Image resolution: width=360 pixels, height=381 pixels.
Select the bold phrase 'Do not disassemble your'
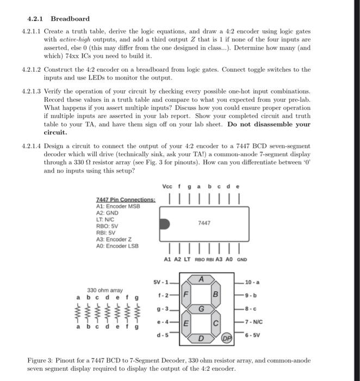[x=269, y=124]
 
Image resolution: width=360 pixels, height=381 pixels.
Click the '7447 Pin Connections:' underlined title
[x=126, y=200]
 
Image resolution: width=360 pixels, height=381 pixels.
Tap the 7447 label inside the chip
[x=204, y=223]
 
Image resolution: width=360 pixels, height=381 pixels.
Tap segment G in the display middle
[x=201, y=309]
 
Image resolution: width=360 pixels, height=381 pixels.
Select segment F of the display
[x=185, y=294]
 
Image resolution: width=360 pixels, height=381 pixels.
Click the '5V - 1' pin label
[x=162, y=282]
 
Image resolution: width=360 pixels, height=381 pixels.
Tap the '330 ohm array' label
[x=105, y=290]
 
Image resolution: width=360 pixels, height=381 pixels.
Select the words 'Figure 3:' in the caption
[x=41, y=361]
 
